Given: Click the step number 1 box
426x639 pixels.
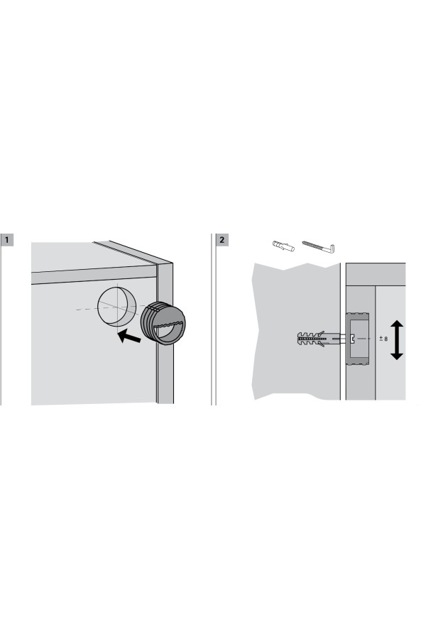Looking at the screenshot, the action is point(7,240).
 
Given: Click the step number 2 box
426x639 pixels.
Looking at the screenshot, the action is point(222,240).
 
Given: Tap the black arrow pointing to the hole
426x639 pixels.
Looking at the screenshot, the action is point(129,337).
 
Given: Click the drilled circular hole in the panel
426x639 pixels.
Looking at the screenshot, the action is point(116,307).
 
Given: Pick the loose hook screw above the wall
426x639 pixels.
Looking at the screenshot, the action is point(318,246).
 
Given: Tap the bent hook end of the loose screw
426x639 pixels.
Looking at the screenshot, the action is point(332,248).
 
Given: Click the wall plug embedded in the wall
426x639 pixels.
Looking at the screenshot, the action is point(319,339).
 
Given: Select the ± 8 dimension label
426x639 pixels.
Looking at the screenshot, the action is point(383,339).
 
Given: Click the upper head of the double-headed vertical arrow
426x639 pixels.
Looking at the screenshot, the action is point(397,326).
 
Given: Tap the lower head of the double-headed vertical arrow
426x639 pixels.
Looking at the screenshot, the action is point(397,354).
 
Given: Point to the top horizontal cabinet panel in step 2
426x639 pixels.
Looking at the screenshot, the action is point(376,274).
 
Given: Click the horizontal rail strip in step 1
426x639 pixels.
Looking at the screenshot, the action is point(94,274).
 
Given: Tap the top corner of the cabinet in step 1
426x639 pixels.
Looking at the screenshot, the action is point(173,263).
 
